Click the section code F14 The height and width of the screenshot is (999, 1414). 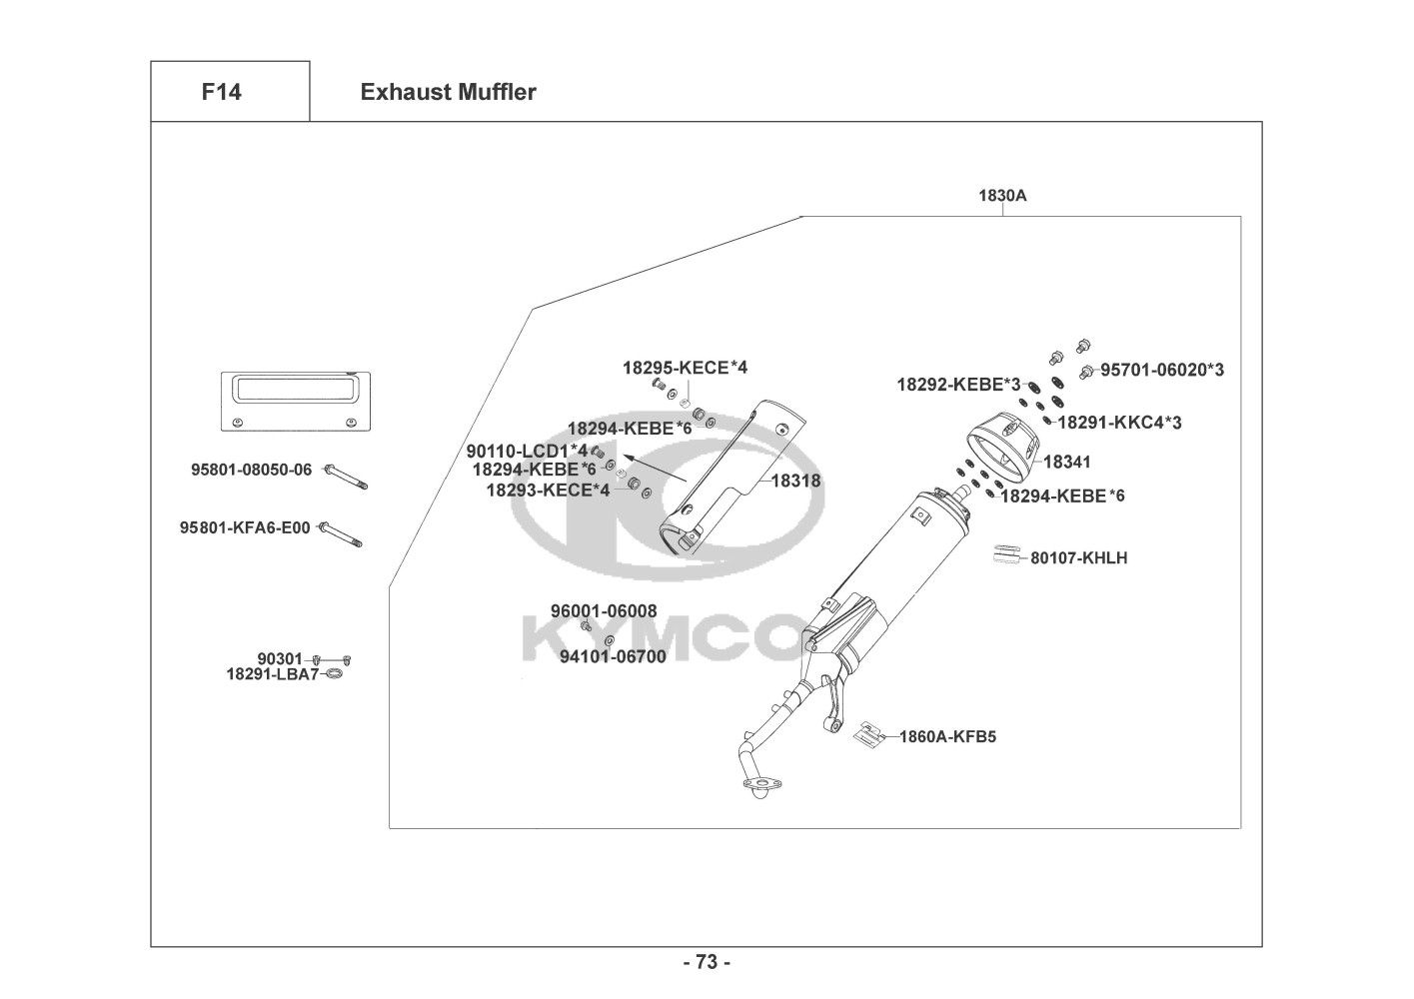coord(221,93)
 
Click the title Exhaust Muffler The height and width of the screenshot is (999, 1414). coord(448,93)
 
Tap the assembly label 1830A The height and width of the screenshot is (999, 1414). coord(1002,196)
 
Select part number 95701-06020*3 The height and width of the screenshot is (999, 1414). coord(1162,370)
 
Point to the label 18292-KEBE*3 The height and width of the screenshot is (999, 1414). coord(958,385)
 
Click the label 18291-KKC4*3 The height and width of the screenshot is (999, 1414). coord(1119,423)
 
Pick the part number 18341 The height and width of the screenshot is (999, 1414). coord(1067,462)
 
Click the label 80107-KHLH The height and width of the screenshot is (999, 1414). coord(1078,557)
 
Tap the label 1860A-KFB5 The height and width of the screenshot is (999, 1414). coord(947,737)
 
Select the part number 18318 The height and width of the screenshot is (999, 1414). coord(795,481)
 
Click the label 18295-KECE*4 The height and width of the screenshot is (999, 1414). coord(685,368)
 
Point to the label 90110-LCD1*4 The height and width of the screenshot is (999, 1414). coord(527,452)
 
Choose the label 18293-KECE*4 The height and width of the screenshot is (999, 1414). coord(548,490)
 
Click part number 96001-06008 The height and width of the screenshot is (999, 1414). coord(604,611)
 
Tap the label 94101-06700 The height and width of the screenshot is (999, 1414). coord(613,656)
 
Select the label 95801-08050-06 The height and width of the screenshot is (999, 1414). coord(252,470)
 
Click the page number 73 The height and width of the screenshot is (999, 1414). coord(707,963)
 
